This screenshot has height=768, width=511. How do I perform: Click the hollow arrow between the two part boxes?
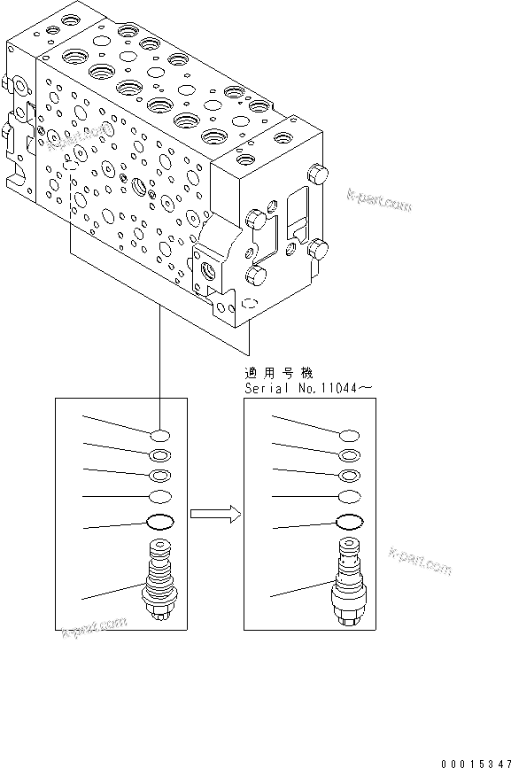pyautogui.click(x=214, y=513)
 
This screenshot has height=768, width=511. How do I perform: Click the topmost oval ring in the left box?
pyautogui.click(x=160, y=435)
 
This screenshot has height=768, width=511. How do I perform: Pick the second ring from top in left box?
pyautogui.click(x=160, y=455)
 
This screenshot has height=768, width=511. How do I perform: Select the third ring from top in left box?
pyautogui.click(x=160, y=476)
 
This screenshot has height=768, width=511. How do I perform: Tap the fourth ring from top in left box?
pyautogui.click(x=160, y=497)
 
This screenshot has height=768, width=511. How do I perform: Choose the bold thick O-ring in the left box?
pyautogui.click(x=160, y=522)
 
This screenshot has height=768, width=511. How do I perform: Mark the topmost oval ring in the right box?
pyautogui.click(x=350, y=435)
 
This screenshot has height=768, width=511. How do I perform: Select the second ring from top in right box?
pyautogui.click(x=350, y=455)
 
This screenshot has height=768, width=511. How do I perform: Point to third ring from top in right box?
pyautogui.click(x=350, y=476)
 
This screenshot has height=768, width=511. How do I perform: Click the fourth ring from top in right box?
pyautogui.click(x=350, y=497)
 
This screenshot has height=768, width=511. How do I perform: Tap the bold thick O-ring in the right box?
pyautogui.click(x=350, y=522)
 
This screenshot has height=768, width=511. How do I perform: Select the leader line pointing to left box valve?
pyautogui.click(x=111, y=593)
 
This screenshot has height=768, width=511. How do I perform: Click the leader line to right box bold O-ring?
pyautogui.click(x=301, y=526)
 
